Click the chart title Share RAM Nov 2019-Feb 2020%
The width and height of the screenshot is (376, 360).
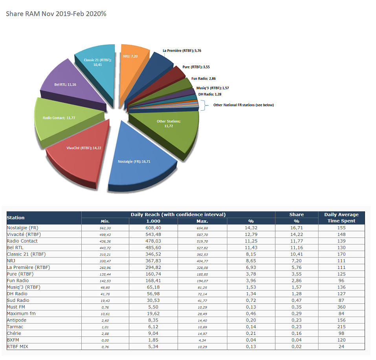tap(56, 14)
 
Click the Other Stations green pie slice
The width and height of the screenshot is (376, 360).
tap(169, 126)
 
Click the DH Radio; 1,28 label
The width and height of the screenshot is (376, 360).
tap(210, 94)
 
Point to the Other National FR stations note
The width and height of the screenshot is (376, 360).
tap(244, 105)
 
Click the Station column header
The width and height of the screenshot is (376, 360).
tap(16, 217)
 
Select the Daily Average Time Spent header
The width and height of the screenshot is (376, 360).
tap(341, 217)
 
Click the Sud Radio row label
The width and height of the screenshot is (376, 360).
tap(18, 300)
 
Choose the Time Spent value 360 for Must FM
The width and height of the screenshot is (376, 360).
tap(341, 307)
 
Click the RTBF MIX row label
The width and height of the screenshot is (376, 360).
tap(17, 347)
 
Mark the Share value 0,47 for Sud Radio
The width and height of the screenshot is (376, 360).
tap(296, 300)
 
